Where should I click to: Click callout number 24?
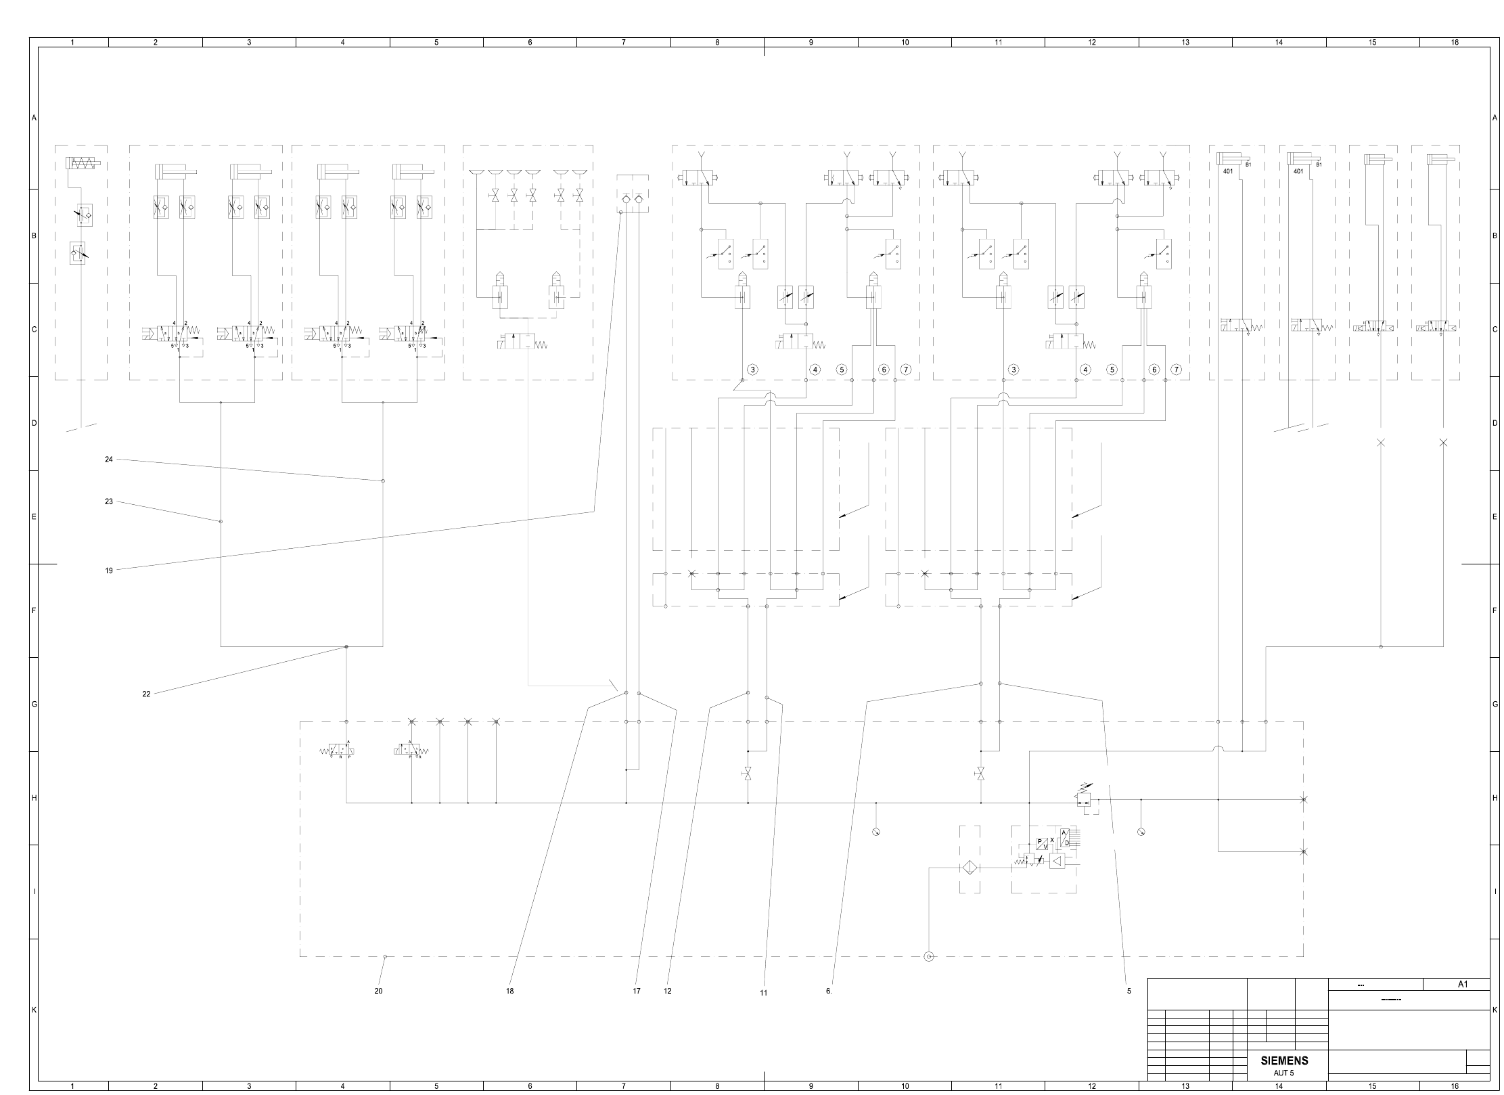coord(108,460)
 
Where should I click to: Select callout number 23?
coord(108,502)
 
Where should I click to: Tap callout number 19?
coord(108,571)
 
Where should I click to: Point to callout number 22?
coord(146,694)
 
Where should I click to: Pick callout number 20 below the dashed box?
coord(378,991)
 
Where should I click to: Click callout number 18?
coord(509,991)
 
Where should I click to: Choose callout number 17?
coord(636,991)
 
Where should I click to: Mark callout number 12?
coord(668,991)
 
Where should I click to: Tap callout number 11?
coord(763,993)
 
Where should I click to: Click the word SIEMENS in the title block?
coord(1284,1060)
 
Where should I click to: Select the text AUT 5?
coord(1283,1073)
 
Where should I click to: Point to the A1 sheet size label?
coord(1462,985)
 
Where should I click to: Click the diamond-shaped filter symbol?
coord(969,868)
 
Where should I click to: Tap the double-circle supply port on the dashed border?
coord(928,956)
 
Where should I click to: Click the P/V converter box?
coord(1043,844)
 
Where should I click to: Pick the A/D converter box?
coord(1064,837)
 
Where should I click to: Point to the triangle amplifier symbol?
coord(1056,862)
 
